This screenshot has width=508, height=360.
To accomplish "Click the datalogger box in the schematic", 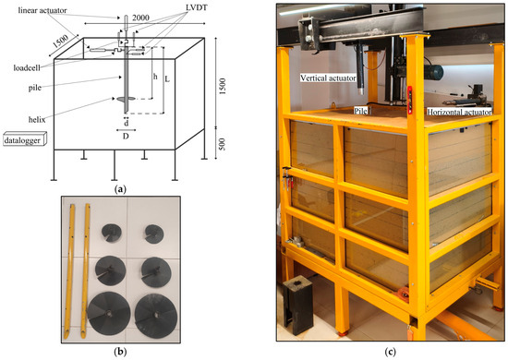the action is point(25,138).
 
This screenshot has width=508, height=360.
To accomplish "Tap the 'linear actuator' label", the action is point(42,10).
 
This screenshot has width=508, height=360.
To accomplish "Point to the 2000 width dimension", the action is point(140,18).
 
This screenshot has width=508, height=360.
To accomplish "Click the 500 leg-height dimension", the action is point(222,144).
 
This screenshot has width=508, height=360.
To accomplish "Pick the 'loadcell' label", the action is point(27,68).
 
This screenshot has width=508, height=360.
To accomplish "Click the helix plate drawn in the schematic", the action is point(126,99).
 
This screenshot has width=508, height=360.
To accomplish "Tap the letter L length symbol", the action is point(167,78).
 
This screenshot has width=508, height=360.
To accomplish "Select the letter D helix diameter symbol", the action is point(126,136).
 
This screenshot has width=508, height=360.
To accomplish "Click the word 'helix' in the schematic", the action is point(37,120).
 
